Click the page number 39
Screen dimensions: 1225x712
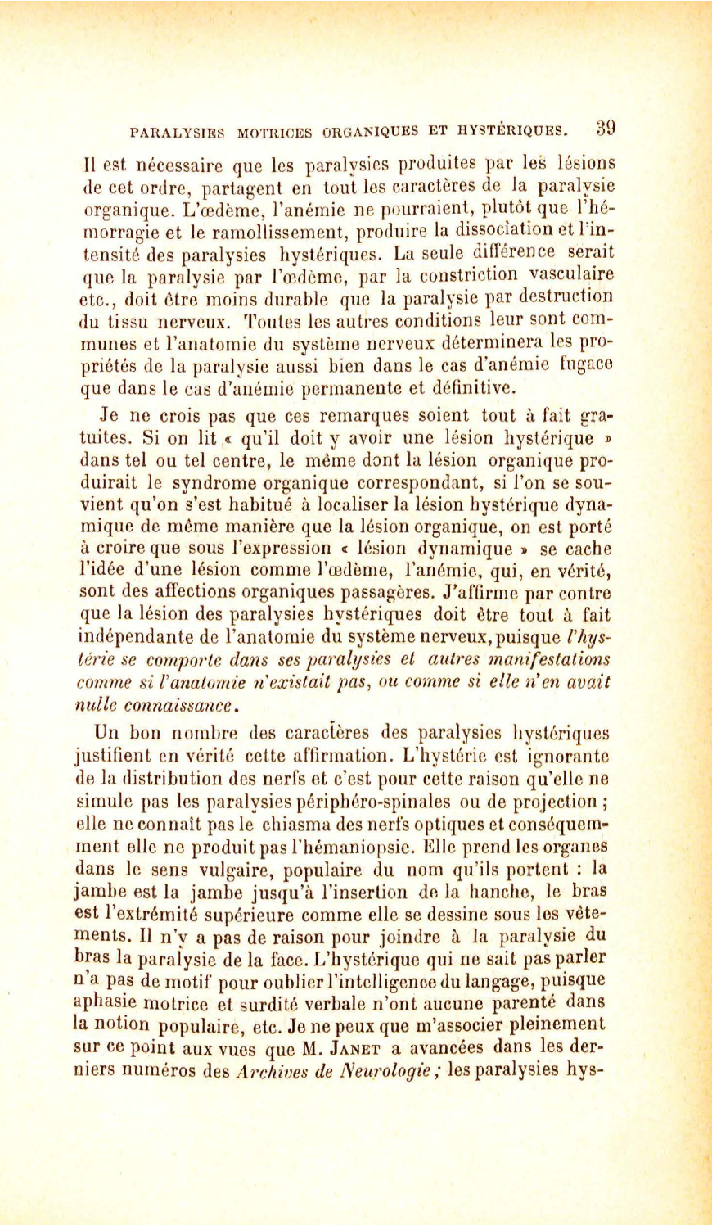coord(606,128)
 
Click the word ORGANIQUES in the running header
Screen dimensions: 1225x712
coord(369,131)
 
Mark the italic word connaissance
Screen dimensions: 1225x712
coord(183,704)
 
